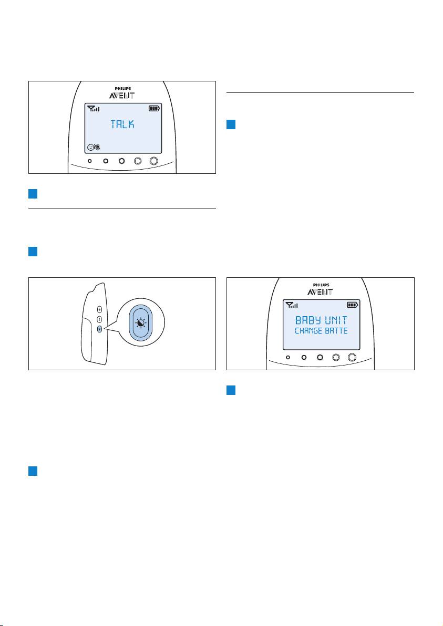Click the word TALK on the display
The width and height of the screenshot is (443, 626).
point(122,124)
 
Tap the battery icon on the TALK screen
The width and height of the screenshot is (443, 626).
point(154,108)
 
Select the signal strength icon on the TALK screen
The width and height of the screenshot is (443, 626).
point(94,109)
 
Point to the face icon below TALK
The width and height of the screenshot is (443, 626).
point(91,148)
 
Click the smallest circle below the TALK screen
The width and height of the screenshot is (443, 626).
point(90,161)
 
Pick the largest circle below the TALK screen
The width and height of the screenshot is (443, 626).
point(154,161)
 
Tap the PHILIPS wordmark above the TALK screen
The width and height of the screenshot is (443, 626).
point(122,89)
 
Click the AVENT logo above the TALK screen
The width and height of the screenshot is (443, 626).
point(122,96)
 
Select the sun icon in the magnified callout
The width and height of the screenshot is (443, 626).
point(141,322)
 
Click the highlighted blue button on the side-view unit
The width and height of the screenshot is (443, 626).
point(99,329)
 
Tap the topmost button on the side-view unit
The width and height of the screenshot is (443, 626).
point(99,309)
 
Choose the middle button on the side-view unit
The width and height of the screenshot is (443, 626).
point(99,319)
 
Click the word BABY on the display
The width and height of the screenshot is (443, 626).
point(307,320)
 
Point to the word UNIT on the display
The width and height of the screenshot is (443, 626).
point(336,320)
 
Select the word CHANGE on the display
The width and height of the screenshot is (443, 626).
point(308,330)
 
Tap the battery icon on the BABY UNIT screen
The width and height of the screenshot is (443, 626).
point(352,305)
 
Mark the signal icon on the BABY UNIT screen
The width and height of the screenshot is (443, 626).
point(292,305)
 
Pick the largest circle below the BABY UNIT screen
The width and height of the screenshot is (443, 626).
point(352,357)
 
